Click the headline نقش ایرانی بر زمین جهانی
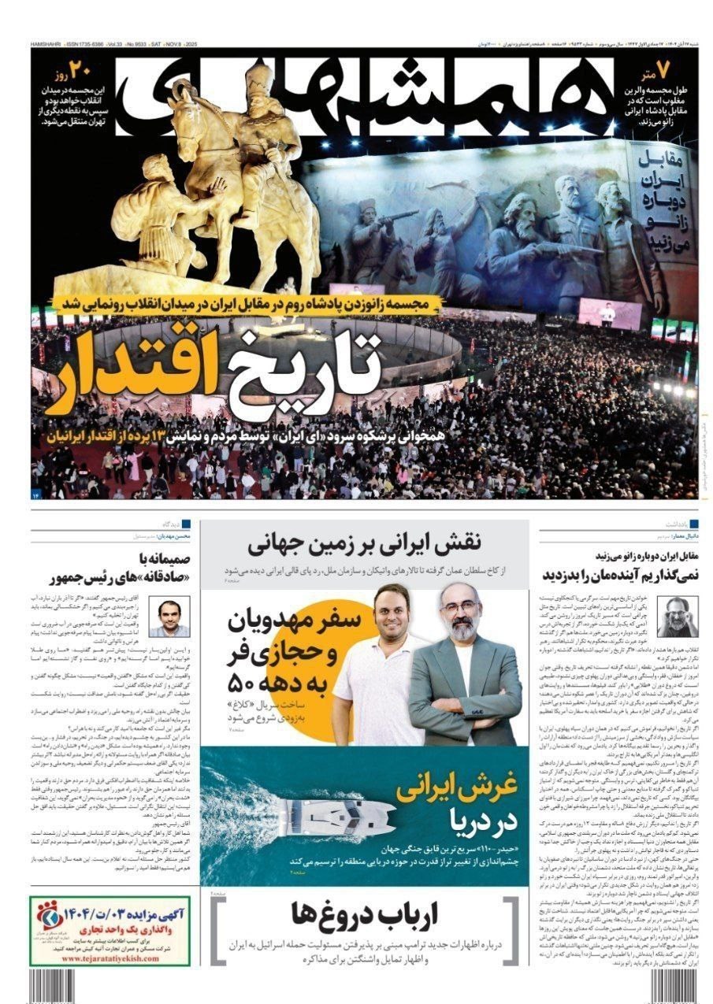(363, 545)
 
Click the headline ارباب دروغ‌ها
(365, 914)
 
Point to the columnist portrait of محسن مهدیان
(173, 618)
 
